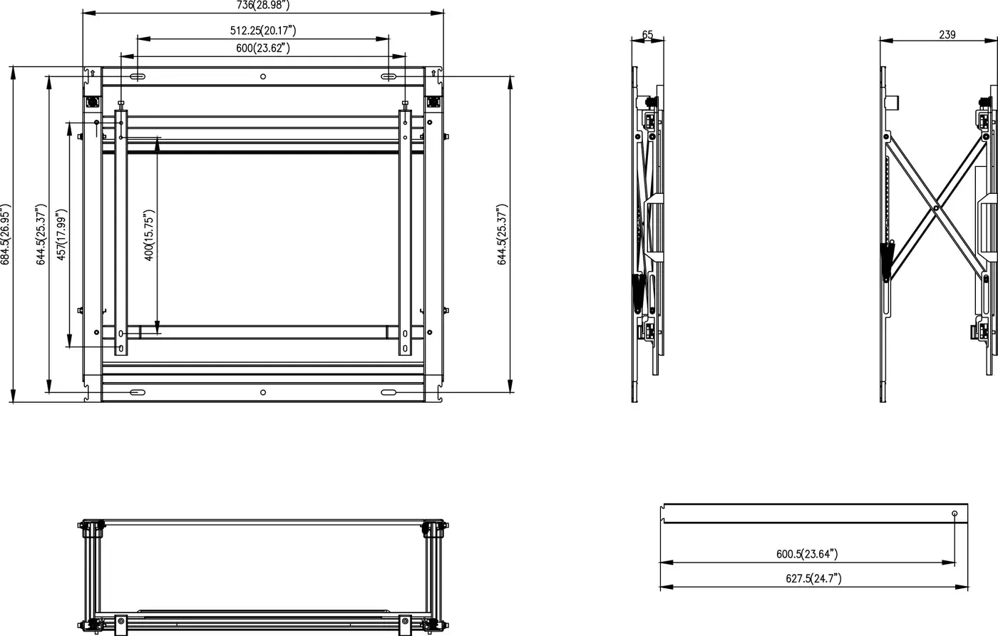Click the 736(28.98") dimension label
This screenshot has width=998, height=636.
coord(263,5)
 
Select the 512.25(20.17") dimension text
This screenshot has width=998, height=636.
coord(263,31)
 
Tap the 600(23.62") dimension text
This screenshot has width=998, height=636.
coord(263,48)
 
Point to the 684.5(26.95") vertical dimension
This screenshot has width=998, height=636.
coord(5,235)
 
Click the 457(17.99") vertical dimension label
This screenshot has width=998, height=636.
coord(61,234)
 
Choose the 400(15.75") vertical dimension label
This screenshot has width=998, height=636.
coord(149,235)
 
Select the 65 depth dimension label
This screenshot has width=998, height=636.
coord(647,34)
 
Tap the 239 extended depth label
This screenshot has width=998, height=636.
coord(947,34)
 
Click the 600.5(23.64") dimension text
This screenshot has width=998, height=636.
coord(807,554)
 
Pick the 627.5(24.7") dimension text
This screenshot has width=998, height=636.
coord(813,578)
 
